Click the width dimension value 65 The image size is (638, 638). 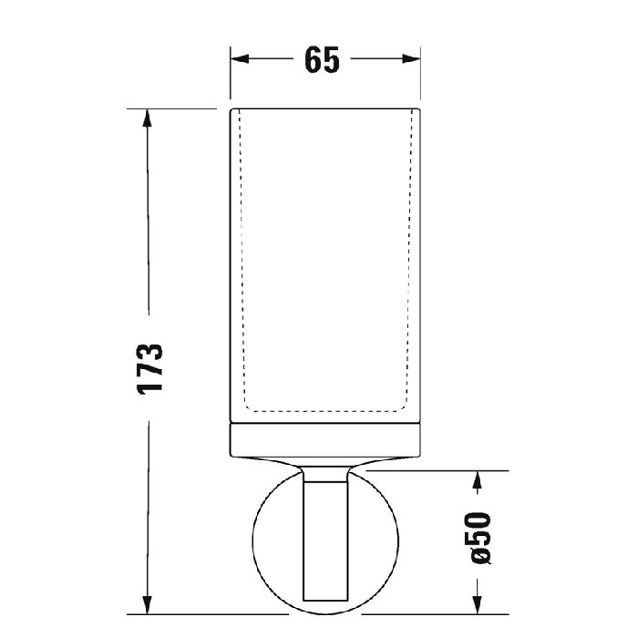pos(324,59)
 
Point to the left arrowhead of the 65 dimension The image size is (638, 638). pos(239,59)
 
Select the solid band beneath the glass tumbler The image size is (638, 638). pos(324,440)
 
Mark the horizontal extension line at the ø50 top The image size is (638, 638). pos(428,471)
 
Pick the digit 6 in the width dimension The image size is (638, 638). pos(314,59)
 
